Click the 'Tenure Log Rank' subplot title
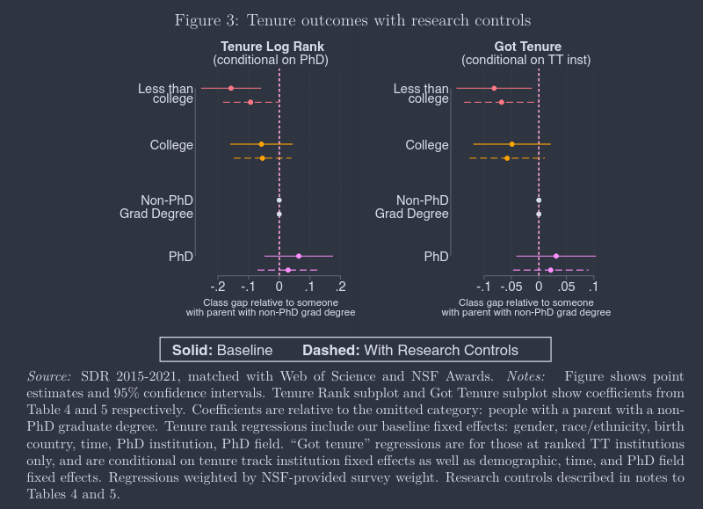[x=272, y=47]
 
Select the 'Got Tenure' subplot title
[x=527, y=47]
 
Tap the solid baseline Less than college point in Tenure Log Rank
[x=231, y=88]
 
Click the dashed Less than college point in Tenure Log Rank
[x=250, y=102]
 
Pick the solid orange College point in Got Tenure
[x=511, y=144]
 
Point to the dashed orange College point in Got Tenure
[x=507, y=158]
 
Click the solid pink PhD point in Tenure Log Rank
[x=299, y=256]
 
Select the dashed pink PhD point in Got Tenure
[x=550, y=270]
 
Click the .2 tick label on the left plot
[x=340, y=287]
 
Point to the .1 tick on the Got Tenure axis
[x=593, y=287]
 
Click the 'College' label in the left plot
[x=171, y=145]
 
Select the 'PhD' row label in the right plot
[x=436, y=257]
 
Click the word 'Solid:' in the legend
[x=192, y=350]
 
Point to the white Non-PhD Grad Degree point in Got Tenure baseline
[x=539, y=200]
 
